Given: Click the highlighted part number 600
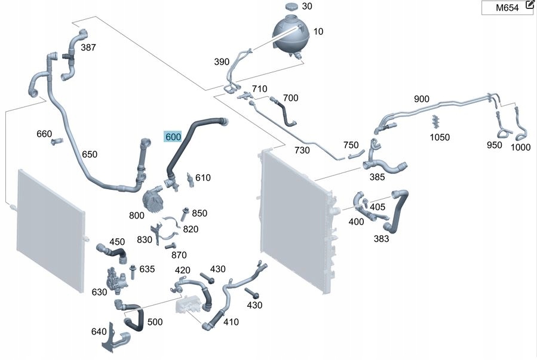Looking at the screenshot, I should [x=173, y=137].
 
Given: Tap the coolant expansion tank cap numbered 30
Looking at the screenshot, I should [x=291, y=7].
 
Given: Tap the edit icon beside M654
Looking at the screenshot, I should [x=529, y=5].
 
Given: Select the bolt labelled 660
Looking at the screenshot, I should [x=57, y=142].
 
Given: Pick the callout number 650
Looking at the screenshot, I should [x=89, y=154].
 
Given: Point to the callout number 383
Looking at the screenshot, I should [x=381, y=239].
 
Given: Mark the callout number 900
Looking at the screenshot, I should [x=421, y=99].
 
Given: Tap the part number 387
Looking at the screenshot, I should [x=88, y=47].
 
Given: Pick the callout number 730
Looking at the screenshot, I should [x=302, y=150].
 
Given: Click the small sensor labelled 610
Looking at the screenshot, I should [x=189, y=179].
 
